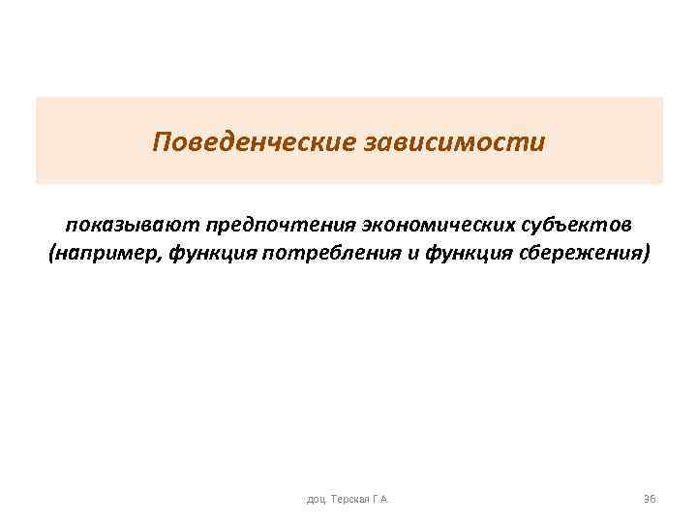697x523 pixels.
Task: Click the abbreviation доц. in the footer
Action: tap(317, 499)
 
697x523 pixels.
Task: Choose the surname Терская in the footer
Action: tap(351, 499)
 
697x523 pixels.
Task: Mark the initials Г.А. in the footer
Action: tap(381, 499)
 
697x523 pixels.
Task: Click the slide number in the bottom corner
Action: tap(650, 498)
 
